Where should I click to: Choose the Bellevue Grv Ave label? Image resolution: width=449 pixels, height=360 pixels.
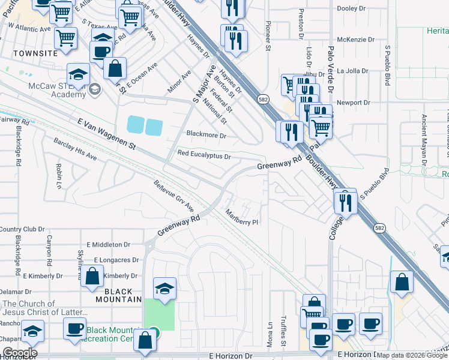(173, 196)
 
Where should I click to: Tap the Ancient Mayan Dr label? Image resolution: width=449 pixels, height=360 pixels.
(424, 140)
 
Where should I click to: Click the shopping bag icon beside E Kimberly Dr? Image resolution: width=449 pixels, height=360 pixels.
(92, 277)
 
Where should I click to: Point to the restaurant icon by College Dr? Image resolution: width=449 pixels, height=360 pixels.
(346, 203)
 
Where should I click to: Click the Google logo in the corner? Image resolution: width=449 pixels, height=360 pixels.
(19, 352)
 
